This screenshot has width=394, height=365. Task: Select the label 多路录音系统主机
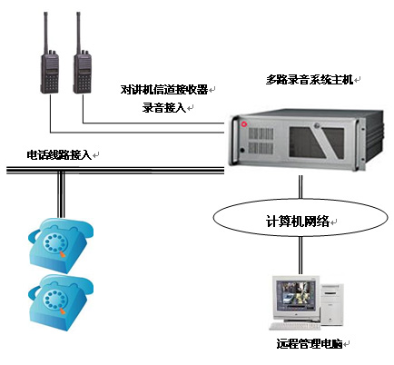tap(310, 80)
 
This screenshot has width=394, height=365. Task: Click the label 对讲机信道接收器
tap(164, 90)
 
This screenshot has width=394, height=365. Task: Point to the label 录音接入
tap(164, 108)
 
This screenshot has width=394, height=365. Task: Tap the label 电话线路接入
tap(59, 155)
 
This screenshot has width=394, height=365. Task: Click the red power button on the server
tap(244, 124)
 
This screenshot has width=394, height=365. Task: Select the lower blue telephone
tap(61, 301)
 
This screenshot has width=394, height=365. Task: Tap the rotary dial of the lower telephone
tap(54, 300)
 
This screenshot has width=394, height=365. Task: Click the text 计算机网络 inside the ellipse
tap(298, 222)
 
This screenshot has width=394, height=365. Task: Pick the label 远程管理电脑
tap(310, 344)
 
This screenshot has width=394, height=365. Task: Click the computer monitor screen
tap(293, 296)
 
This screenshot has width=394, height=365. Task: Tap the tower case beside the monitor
tap(331, 304)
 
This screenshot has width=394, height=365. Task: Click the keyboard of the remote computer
tap(294, 326)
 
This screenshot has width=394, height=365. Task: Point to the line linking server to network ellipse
tap(300, 187)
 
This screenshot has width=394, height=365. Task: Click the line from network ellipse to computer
tap(300, 255)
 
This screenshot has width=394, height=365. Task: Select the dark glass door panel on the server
tap(316, 143)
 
